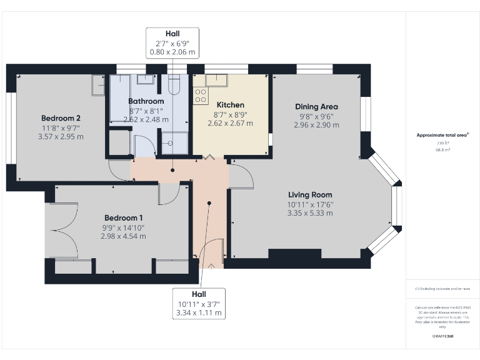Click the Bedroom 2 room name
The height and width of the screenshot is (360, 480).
[x=61, y=118]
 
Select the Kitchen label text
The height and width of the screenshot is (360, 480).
[x=230, y=105]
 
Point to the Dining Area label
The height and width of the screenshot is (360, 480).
[x=316, y=107]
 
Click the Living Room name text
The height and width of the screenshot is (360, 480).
[x=309, y=194]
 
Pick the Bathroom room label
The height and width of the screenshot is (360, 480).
[x=146, y=101]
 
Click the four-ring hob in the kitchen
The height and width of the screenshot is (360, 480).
[x=201, y=95]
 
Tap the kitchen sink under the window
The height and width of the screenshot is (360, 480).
[x=216, y=79]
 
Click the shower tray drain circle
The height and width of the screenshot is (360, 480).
[x=169, y=142]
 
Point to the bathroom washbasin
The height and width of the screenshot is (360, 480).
[x=145, y=79]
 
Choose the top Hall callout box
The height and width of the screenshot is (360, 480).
[x=172, y=42]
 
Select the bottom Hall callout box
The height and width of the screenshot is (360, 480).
[x=199, y=302]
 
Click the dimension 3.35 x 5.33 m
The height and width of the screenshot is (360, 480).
[x=309, y=213]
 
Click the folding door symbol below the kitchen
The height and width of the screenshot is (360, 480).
[x=211, y=157]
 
